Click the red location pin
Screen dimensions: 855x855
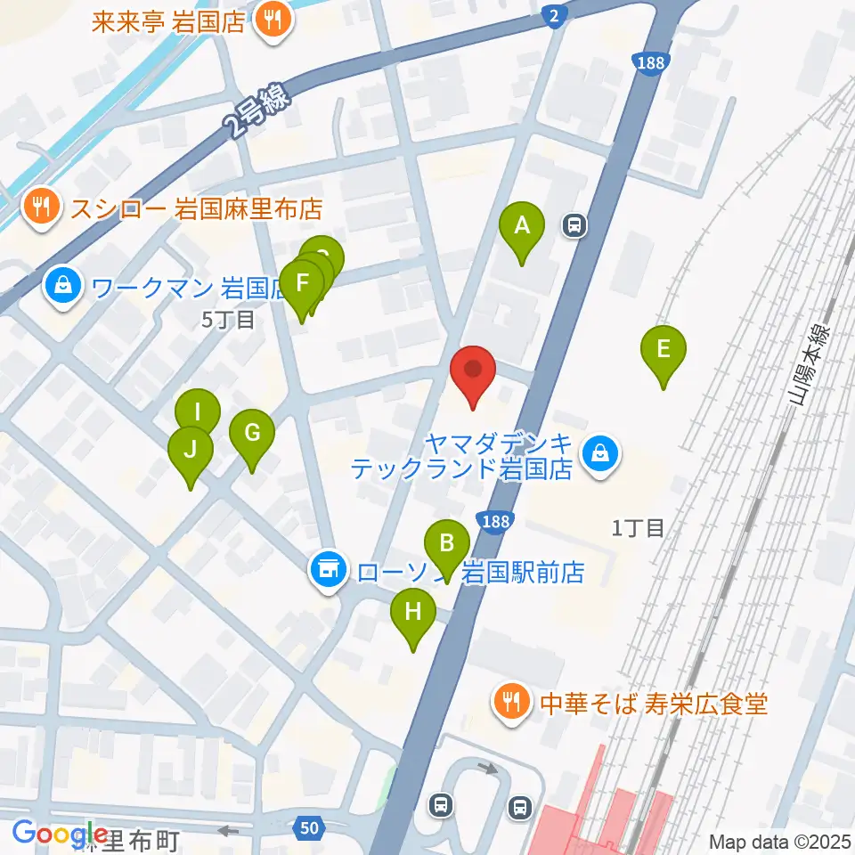(x=473, y=374)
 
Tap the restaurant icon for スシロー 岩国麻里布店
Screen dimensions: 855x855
(x=41, y=209)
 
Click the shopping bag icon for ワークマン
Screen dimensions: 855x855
(x=63, y=287)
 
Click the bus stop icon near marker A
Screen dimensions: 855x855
(x=575, y=226)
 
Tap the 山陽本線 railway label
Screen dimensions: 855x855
(x=811, y=366)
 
